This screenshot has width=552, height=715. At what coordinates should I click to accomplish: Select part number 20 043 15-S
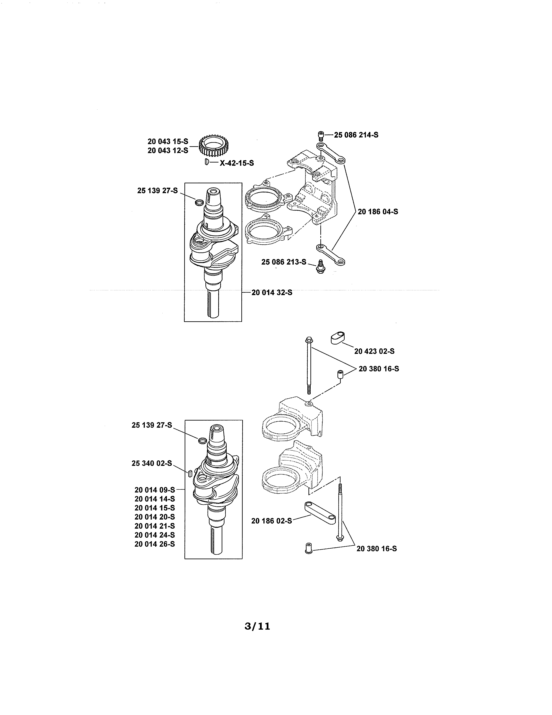pyautogui.click(x=168, y=141)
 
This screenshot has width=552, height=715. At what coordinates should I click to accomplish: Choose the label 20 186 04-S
pyautogui.click(x=378, y=212)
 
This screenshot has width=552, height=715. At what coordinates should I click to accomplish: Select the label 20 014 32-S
pyautogui.click(x=272, y=293)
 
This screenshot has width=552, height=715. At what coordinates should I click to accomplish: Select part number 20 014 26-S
pyautogui.click(x=154, y=544)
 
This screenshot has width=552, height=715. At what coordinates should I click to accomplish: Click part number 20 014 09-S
pyautogui.click(x=154, y=490)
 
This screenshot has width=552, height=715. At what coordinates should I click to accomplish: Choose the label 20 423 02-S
pyautogui.click(x=374, y=351)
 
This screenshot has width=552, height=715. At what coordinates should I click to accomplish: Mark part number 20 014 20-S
pyautogui.click(x=154, y=517)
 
